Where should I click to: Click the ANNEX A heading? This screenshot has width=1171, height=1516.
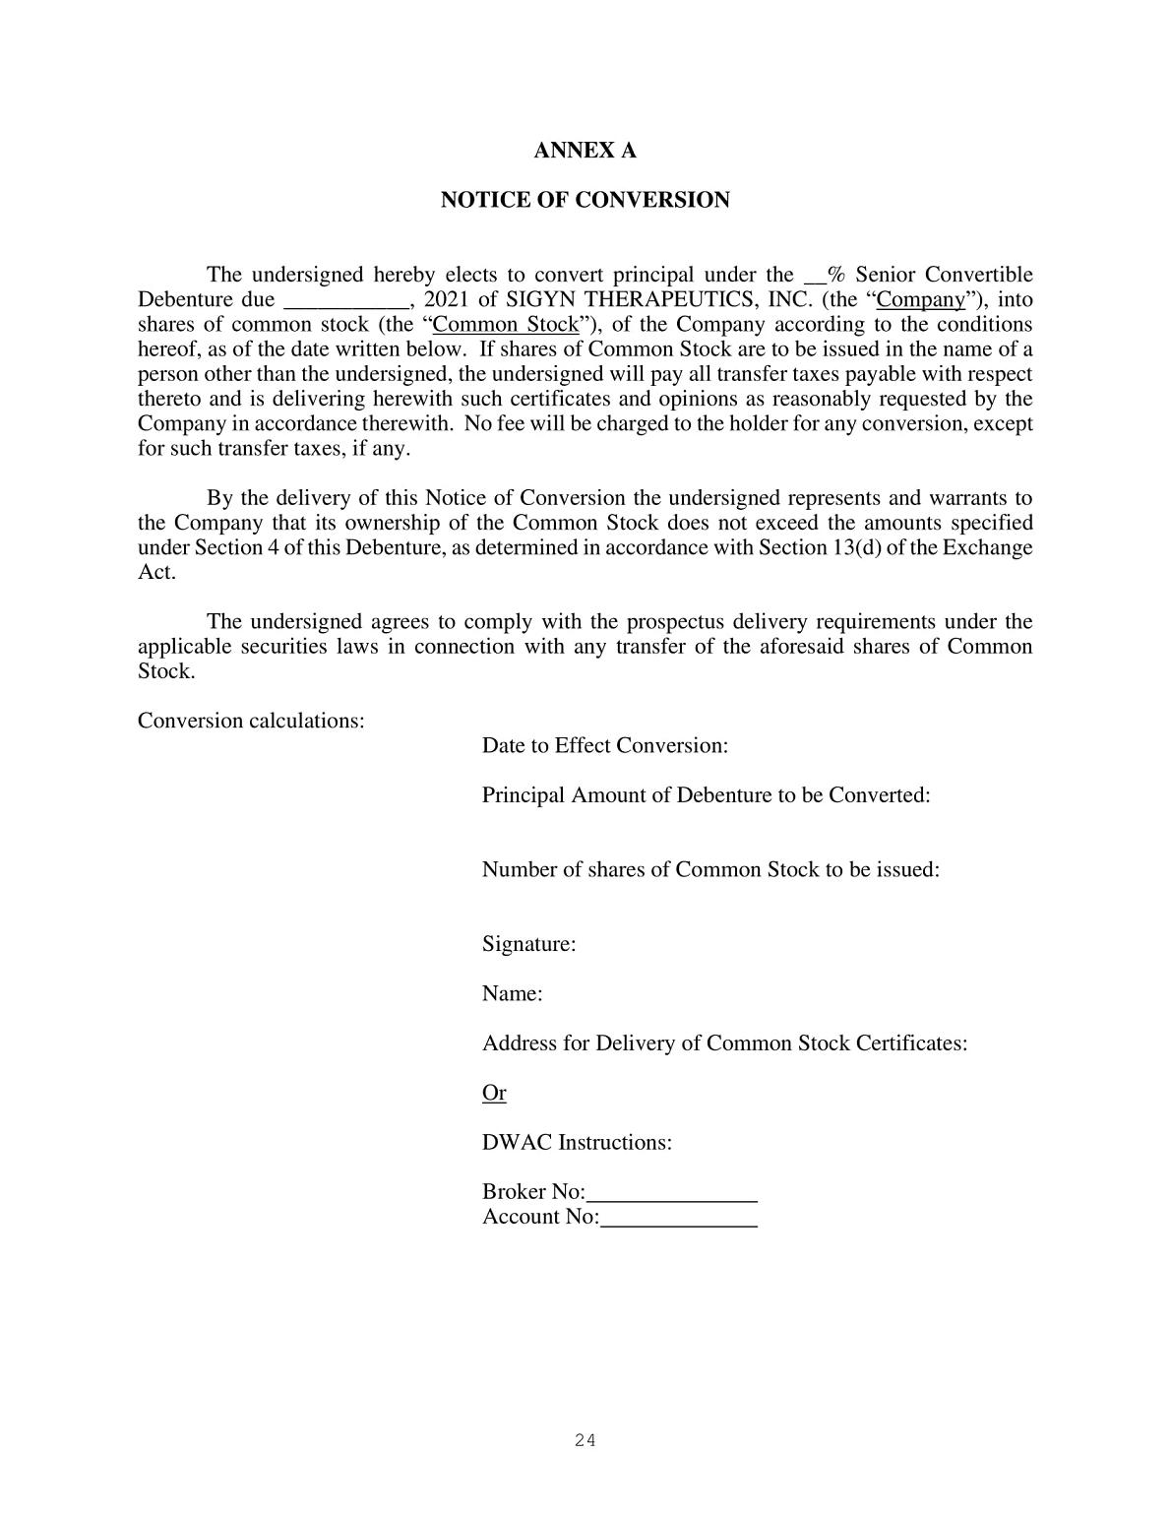point(585,151)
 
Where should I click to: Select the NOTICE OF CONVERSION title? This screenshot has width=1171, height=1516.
point(585,201)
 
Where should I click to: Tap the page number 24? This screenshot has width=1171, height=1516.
point(585,1441)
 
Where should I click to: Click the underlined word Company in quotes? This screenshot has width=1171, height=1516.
point(920,300)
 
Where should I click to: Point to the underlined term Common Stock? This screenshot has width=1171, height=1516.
point(506,325)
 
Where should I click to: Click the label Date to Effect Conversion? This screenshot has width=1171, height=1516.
point(604,745)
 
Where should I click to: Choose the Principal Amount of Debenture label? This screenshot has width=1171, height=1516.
point(706,795)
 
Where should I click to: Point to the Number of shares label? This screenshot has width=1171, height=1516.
point(710,870)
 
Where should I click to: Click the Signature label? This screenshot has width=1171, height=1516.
point(528,945)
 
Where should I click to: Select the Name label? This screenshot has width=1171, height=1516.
point(512,994)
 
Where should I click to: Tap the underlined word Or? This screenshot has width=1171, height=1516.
point(494,1093)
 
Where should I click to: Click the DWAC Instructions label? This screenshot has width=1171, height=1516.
point(577,1143)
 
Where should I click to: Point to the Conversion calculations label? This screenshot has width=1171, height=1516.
point(251,721)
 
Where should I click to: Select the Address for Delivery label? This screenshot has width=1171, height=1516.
point(724,1043)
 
